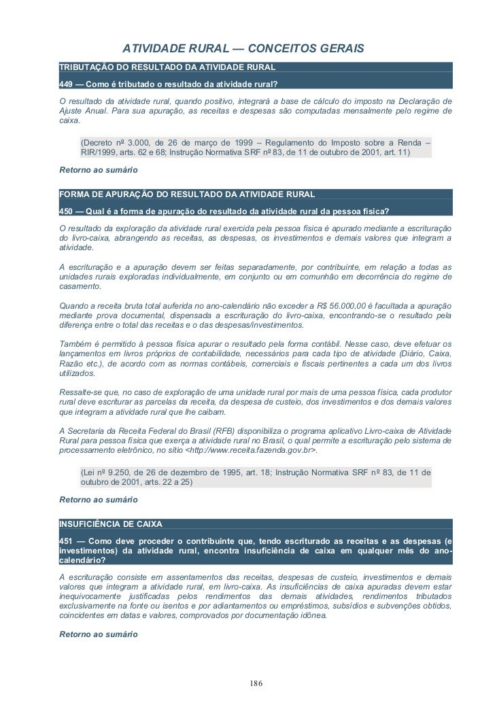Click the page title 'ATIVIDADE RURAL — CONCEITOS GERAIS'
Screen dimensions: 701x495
(243, 50)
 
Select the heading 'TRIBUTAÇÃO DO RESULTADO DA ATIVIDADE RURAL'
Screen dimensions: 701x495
(167, 68)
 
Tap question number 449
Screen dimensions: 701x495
(67, 84)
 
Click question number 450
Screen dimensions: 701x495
(67, 209)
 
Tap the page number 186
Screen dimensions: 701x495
(256, 682)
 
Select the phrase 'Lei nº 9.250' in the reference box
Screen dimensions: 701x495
(107, 472)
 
